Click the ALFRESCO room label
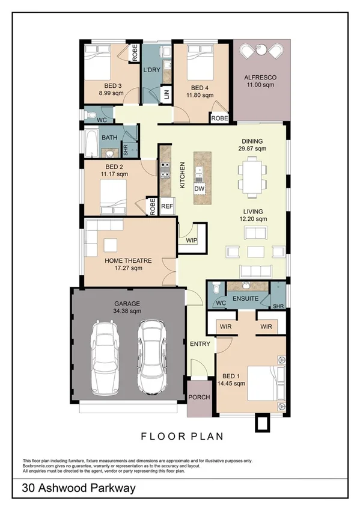[x=259, y=78]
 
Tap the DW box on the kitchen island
[x=200, y=189]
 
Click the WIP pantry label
[x=192, y=241]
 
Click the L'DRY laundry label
[x=151, y=70]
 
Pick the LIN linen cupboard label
[x=166, y=94]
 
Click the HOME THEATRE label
[x=128, y=260]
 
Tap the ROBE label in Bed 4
[x=219, y=118]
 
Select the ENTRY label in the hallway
[x=200, y=344]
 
